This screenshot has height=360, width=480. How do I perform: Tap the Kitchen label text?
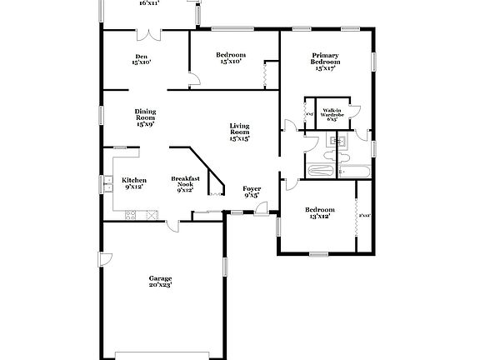[134, 183]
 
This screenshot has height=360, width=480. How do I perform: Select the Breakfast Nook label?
[185, 183]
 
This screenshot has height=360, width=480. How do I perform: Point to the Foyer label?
[252, 192]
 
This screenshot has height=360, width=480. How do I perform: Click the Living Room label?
[240, 131]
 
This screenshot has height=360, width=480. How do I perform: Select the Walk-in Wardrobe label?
[332, 114]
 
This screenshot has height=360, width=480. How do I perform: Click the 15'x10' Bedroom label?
[231, 57]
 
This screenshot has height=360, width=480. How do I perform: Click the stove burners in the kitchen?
[151, 216]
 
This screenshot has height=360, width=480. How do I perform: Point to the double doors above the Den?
[149, 35]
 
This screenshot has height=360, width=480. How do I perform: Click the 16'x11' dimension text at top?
[148, 3]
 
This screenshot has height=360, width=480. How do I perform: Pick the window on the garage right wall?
[224, 267]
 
